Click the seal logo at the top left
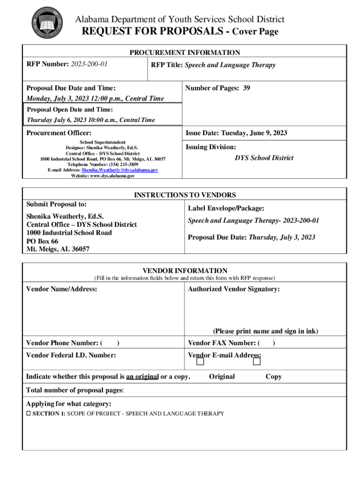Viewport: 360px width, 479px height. click(x=45, y=22)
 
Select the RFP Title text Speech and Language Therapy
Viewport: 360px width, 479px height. click(x=230, y=65)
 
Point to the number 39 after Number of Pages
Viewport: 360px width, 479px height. click(x=246, y=87)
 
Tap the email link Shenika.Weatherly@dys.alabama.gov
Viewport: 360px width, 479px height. click(x=120, y=170)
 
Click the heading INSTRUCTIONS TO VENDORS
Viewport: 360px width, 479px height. click(x=185, y=195)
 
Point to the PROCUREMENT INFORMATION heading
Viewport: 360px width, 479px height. click(x=185, y=53)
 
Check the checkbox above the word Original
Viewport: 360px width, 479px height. click(x=200, y=362)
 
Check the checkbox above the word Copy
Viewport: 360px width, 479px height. click(x=257, y=362)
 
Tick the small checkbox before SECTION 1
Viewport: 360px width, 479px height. click(x=29, y=414)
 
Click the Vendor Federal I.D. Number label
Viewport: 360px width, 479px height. click(x=71, y=356)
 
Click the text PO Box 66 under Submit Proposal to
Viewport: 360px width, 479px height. click(x=42, y=241)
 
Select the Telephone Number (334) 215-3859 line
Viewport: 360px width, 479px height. click(x=103, y=165)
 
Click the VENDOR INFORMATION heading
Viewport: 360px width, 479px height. click(x=185, y=271)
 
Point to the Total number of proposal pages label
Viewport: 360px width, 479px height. click(x=75, y=390)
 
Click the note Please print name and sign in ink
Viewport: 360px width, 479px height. click(x=266, y=331)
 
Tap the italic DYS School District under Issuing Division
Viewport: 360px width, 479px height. click(x=264, y=158)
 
